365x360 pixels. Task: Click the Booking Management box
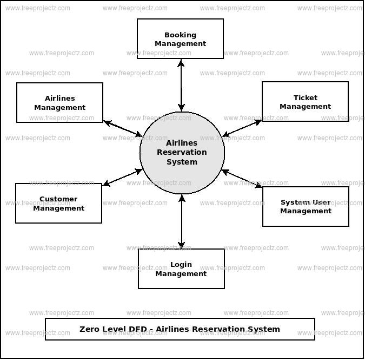pyautogui.click(x=180, y=39)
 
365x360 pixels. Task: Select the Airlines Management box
pyautogui.click(x=59, y=102)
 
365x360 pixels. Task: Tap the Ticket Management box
pyautogui.click(x=305, y=102)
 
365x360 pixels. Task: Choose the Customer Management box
pyautogui.click(x=58, y=203)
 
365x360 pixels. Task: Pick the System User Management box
pyautogui.click(x=306, y=206)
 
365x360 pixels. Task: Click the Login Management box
pyautogui.click(x=181, y=269)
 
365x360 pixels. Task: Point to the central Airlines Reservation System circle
pyautogui.click(x=182, y=153)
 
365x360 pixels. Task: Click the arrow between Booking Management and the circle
pyautogui.click(x=181, y=85)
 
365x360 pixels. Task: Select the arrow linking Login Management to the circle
pyautogui.click(x=182, y=221)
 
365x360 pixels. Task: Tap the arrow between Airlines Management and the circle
pyautogui.click(x=123, y=128)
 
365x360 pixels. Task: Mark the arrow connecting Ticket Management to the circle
pyautogui.click(x=242, y=128)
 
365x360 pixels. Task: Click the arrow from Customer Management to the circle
pyautogui.click(x=122, y=178)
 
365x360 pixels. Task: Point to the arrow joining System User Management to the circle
pyautogui.click(x=242, y=179)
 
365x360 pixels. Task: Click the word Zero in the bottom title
pyautogui.click(x=90, y=329)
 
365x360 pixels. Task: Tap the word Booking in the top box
pyautogui.click(x=180, y=35)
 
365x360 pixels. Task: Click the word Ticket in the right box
pyautogui.click(x=306, y=98)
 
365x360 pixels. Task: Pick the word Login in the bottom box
pyautogui.click(x=181, y=265)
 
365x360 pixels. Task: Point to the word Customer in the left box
pyautogui.click(x=58, y=199)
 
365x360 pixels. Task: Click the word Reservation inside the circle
pyautogui.click(x=182, y=153)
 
